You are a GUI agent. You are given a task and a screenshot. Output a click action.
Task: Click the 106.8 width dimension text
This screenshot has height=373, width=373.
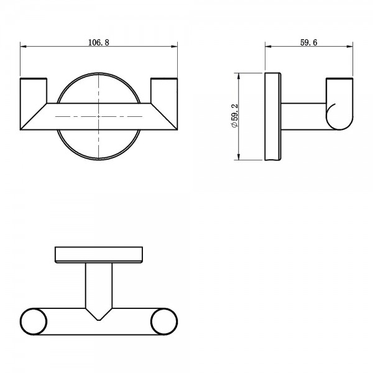[x=98, y=42]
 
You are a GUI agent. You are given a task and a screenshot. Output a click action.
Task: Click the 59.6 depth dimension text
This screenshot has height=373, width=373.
[x=308, y=42]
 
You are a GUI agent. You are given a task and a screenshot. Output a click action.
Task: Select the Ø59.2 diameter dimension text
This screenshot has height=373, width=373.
[x=234, y=116]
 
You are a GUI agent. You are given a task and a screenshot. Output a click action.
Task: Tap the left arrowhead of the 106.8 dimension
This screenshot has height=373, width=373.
[x=23, y=47]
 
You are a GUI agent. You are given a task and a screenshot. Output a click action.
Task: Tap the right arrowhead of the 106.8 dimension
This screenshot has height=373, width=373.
[x=175, y=47]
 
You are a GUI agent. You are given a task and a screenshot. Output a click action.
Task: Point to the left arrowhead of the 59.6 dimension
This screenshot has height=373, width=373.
[x=268, y=47]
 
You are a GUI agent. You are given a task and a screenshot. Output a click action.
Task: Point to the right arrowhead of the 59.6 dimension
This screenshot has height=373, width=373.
[x=350, y=47]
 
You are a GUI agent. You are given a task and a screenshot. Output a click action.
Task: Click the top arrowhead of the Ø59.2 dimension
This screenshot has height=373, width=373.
[x=238, y=76]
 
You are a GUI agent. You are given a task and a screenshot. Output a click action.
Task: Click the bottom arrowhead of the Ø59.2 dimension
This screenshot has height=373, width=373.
[x=238, y=157]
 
